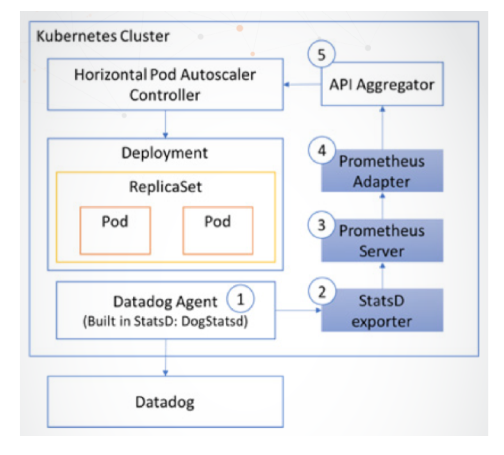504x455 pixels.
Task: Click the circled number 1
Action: click(240, 299)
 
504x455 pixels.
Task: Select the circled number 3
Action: click(321, 225)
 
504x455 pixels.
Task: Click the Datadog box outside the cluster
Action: click(165, 402)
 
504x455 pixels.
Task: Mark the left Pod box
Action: click(115, 230)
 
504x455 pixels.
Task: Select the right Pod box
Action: click(218, 230)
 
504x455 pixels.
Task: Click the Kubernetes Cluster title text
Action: click(103, 36)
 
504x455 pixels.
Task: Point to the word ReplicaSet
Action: click(165, 187)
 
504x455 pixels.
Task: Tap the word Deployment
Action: click(165, 153)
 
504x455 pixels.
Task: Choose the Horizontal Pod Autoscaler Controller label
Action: click(165, 85)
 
